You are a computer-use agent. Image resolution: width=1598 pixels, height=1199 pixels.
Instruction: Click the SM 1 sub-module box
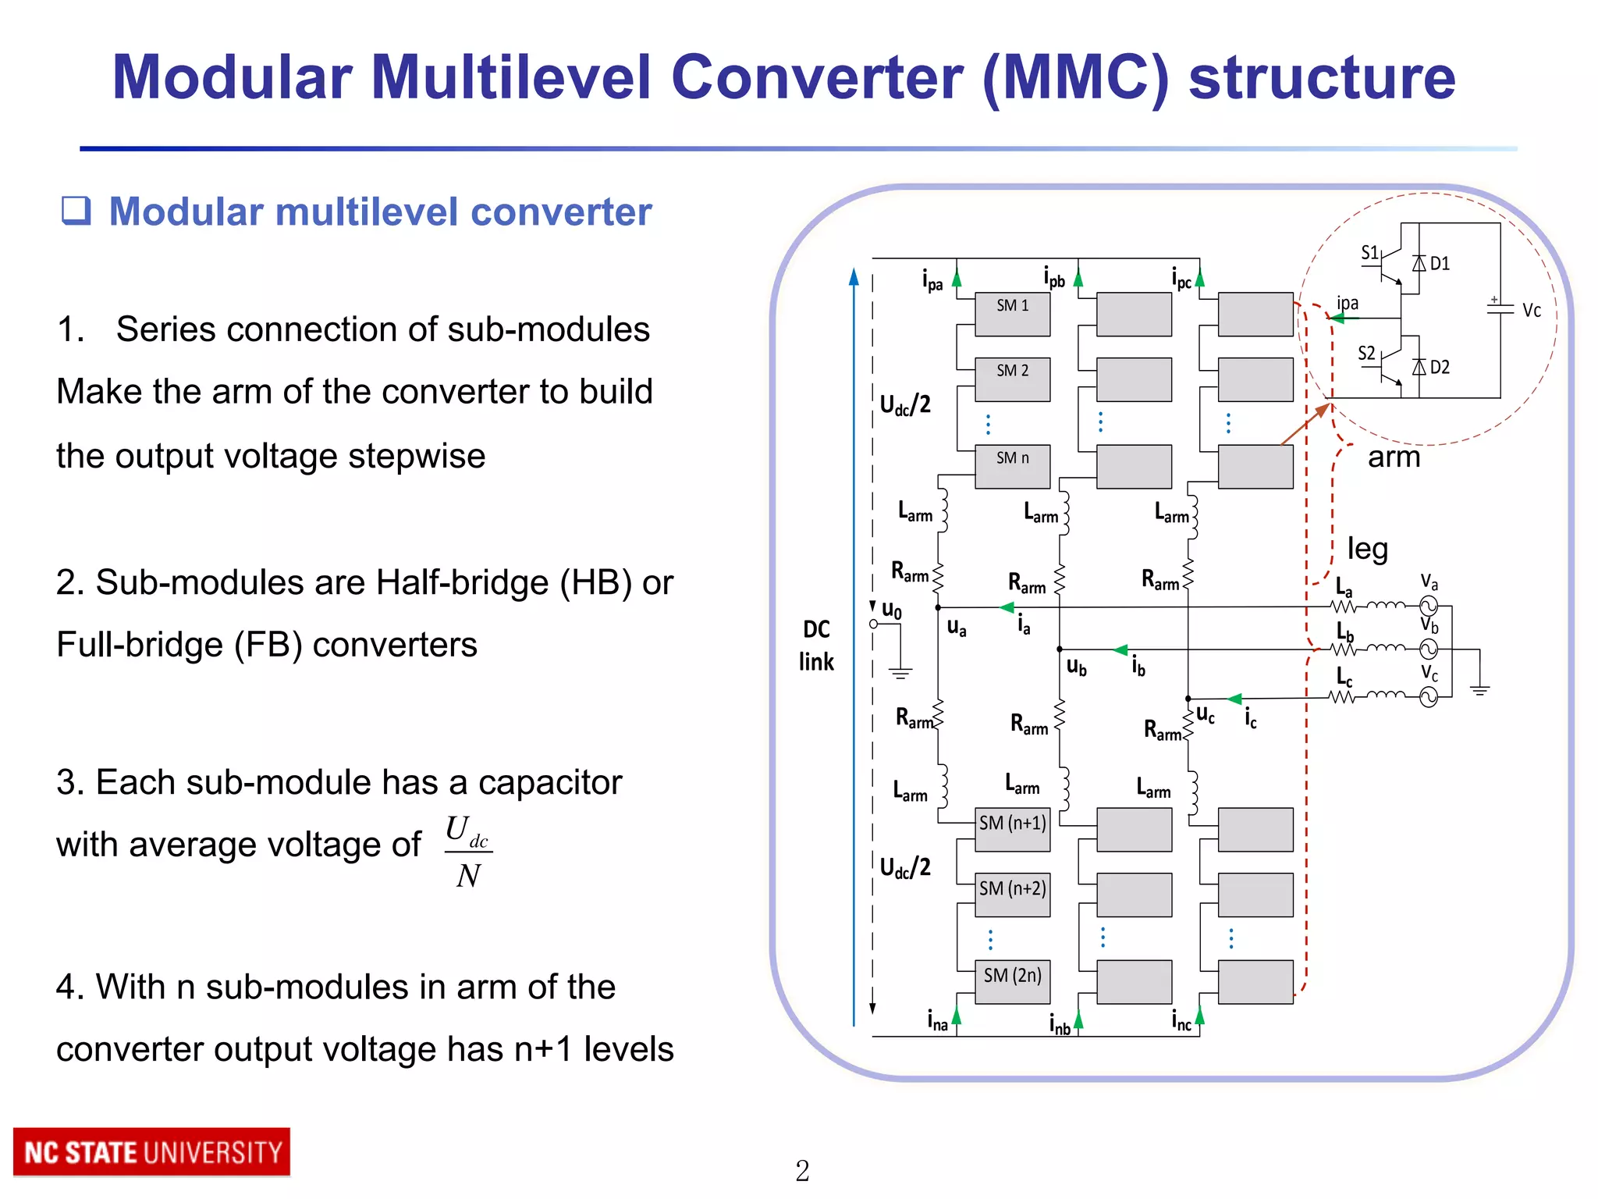click(x=1012, y=314)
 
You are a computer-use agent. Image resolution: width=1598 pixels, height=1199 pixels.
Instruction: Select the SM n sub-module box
click(x=1012, y=466)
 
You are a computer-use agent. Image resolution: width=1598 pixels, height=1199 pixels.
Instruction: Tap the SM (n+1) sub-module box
click(x=1012, y=829)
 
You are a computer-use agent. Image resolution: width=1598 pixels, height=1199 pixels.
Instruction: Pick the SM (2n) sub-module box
click(x=1012, y=981)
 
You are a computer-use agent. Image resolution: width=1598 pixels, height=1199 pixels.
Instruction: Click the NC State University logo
click(x=152, y=1152)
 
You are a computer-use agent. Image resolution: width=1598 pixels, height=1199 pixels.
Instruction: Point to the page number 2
click(x=802, y=1171)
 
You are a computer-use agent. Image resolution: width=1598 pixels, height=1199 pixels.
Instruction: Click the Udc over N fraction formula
click(x=468, y=852)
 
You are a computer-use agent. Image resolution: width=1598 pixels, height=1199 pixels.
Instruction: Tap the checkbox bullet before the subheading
click(x=76, y=211)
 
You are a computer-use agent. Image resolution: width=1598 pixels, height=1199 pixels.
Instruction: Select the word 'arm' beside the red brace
click(x=1394, y=457)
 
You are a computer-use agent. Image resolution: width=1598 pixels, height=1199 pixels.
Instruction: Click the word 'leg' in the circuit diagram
click(x=1367, y=549)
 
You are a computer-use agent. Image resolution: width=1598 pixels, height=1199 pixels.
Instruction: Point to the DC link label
click(x=816, y=646)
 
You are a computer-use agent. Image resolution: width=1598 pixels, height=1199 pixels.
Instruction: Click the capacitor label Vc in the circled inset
click(x=1531, y=311)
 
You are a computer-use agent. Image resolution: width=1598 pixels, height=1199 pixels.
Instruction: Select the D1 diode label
click(x=1440, y=264)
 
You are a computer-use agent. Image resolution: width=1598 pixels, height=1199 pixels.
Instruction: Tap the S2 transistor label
click(x=1366, y=354)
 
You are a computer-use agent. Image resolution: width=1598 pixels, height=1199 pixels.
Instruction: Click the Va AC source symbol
click(x=1428, y=605)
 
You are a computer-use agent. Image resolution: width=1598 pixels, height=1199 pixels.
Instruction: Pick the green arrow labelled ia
click(x=1007, y=607)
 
